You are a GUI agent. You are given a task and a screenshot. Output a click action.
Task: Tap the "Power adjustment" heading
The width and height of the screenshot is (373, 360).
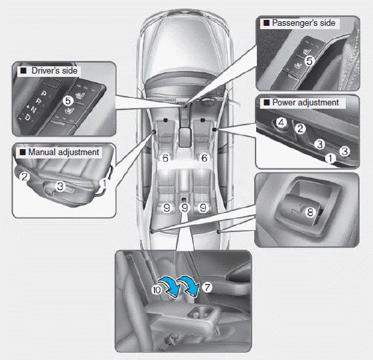pos(305,103)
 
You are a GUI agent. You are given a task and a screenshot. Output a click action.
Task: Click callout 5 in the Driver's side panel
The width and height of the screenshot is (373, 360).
pos(68,101)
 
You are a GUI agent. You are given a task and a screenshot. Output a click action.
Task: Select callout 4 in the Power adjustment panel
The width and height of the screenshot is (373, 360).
pos(281,123)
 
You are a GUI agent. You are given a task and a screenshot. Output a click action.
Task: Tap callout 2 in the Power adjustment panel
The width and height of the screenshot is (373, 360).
pos(300,129)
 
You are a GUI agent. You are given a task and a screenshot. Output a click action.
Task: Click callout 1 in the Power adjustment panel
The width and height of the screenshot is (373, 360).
pos(330,158)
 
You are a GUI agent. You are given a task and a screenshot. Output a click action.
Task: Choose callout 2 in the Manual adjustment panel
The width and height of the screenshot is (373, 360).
pos(24,176)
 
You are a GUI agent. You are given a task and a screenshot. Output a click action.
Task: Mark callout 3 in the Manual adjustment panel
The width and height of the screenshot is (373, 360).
pos(59,187)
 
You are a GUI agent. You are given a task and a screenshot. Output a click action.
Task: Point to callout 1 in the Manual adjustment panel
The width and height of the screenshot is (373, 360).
pos(104,181)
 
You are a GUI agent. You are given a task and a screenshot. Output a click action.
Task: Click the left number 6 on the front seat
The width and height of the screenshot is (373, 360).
pos(165,158)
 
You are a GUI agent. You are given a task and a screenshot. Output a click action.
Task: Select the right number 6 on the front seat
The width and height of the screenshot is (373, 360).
pos(204,158)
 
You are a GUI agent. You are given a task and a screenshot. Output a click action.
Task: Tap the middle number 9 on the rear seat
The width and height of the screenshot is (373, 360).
pos(185,207)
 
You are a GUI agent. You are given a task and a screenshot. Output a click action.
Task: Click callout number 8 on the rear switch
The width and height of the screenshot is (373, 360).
pos(309,213)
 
